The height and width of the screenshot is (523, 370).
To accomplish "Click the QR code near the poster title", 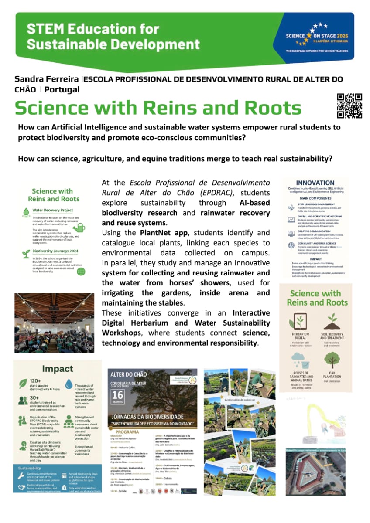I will (349, 106).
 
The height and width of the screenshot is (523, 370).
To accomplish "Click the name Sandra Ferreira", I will (47, 79).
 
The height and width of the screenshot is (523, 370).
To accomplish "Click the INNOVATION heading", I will (315, 183).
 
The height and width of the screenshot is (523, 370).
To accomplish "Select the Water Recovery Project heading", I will (53, 211).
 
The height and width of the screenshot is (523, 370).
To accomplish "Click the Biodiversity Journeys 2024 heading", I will (55, 251).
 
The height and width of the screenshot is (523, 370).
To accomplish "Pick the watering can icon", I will (79, 228).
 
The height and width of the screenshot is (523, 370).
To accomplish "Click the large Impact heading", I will (58, 369).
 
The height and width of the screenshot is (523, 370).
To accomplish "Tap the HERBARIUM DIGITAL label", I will (300, 336).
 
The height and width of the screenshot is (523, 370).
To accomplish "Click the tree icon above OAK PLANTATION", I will (332, 360).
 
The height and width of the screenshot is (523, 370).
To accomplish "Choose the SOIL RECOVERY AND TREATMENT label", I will (332, 336).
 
